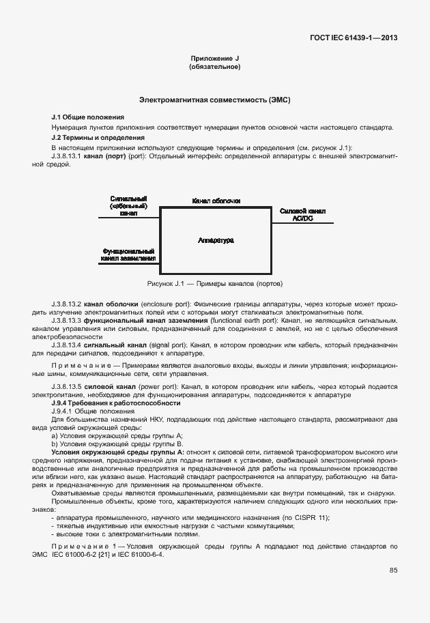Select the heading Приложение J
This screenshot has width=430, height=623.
pyautogui.click(x=214, y=59)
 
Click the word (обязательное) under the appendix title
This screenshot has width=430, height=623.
pyautogui.click(x=214, y=68)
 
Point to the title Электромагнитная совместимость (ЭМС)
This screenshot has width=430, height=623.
pyautogui.click(x=215, y=100)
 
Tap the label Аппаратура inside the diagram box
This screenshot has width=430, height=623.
pyautogui.click(x=216, y=240)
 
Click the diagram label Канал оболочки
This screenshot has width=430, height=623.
pyautogui.click(x=216, y=201)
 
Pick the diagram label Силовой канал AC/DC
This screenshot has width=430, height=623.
pyautogui.click(x=302, y=215)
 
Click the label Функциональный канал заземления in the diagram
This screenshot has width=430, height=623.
pyautogui.click(x=129, y=255)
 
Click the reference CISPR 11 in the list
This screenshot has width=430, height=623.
pyautogui.click(x=310, y=518)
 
